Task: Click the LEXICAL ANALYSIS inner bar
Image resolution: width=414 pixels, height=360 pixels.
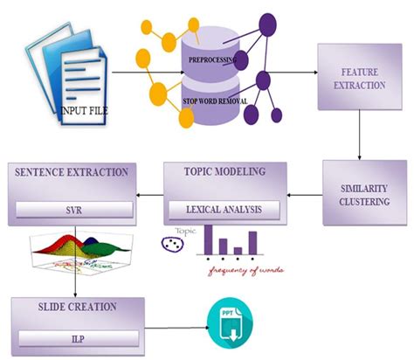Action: pos(224,209)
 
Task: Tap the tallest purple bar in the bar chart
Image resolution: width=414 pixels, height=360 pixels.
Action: pos(208,239)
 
